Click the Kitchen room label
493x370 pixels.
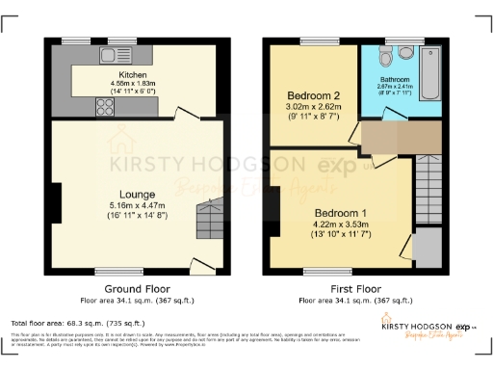click(x=132, y=74)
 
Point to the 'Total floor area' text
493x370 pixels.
click(x=77, y=323)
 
